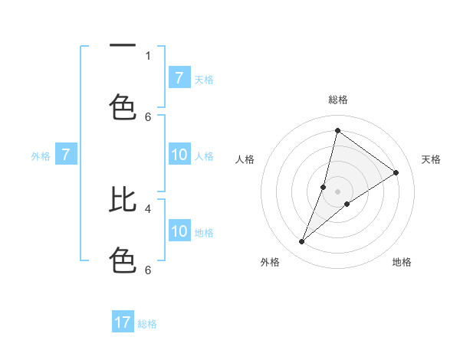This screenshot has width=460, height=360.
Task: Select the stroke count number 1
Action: tap(148, 55)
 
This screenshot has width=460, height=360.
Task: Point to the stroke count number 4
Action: tap(148, 208)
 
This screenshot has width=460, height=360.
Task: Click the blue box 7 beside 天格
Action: tap(179, 78)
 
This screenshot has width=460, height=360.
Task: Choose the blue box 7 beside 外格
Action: tap(66, 155)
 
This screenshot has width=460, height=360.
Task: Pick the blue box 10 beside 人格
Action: tap(179, 155)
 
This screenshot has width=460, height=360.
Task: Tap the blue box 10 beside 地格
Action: tap(179, 231)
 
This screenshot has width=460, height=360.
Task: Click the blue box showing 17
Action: tap(123, 322)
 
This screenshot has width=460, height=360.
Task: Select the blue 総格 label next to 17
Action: tap(147, 323)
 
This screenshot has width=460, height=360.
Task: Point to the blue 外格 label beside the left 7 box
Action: tap(41, 156)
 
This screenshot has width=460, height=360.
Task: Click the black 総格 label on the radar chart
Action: tap(337, 100)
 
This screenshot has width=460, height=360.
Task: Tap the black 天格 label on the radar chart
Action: tap(431, 159)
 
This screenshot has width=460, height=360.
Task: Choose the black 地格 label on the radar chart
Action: tap(402, 262)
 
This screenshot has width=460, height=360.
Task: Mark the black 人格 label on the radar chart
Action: tap(245, 159)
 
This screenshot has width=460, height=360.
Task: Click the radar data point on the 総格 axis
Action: tap(337, 130)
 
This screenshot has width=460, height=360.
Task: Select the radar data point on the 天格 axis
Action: tap(396, 172)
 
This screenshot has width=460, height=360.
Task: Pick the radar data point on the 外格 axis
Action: tap(301, 242)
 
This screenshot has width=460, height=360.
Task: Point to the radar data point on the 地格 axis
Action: tap(347, 204)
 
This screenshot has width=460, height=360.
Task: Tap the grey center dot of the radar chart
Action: tap(337, 191)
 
